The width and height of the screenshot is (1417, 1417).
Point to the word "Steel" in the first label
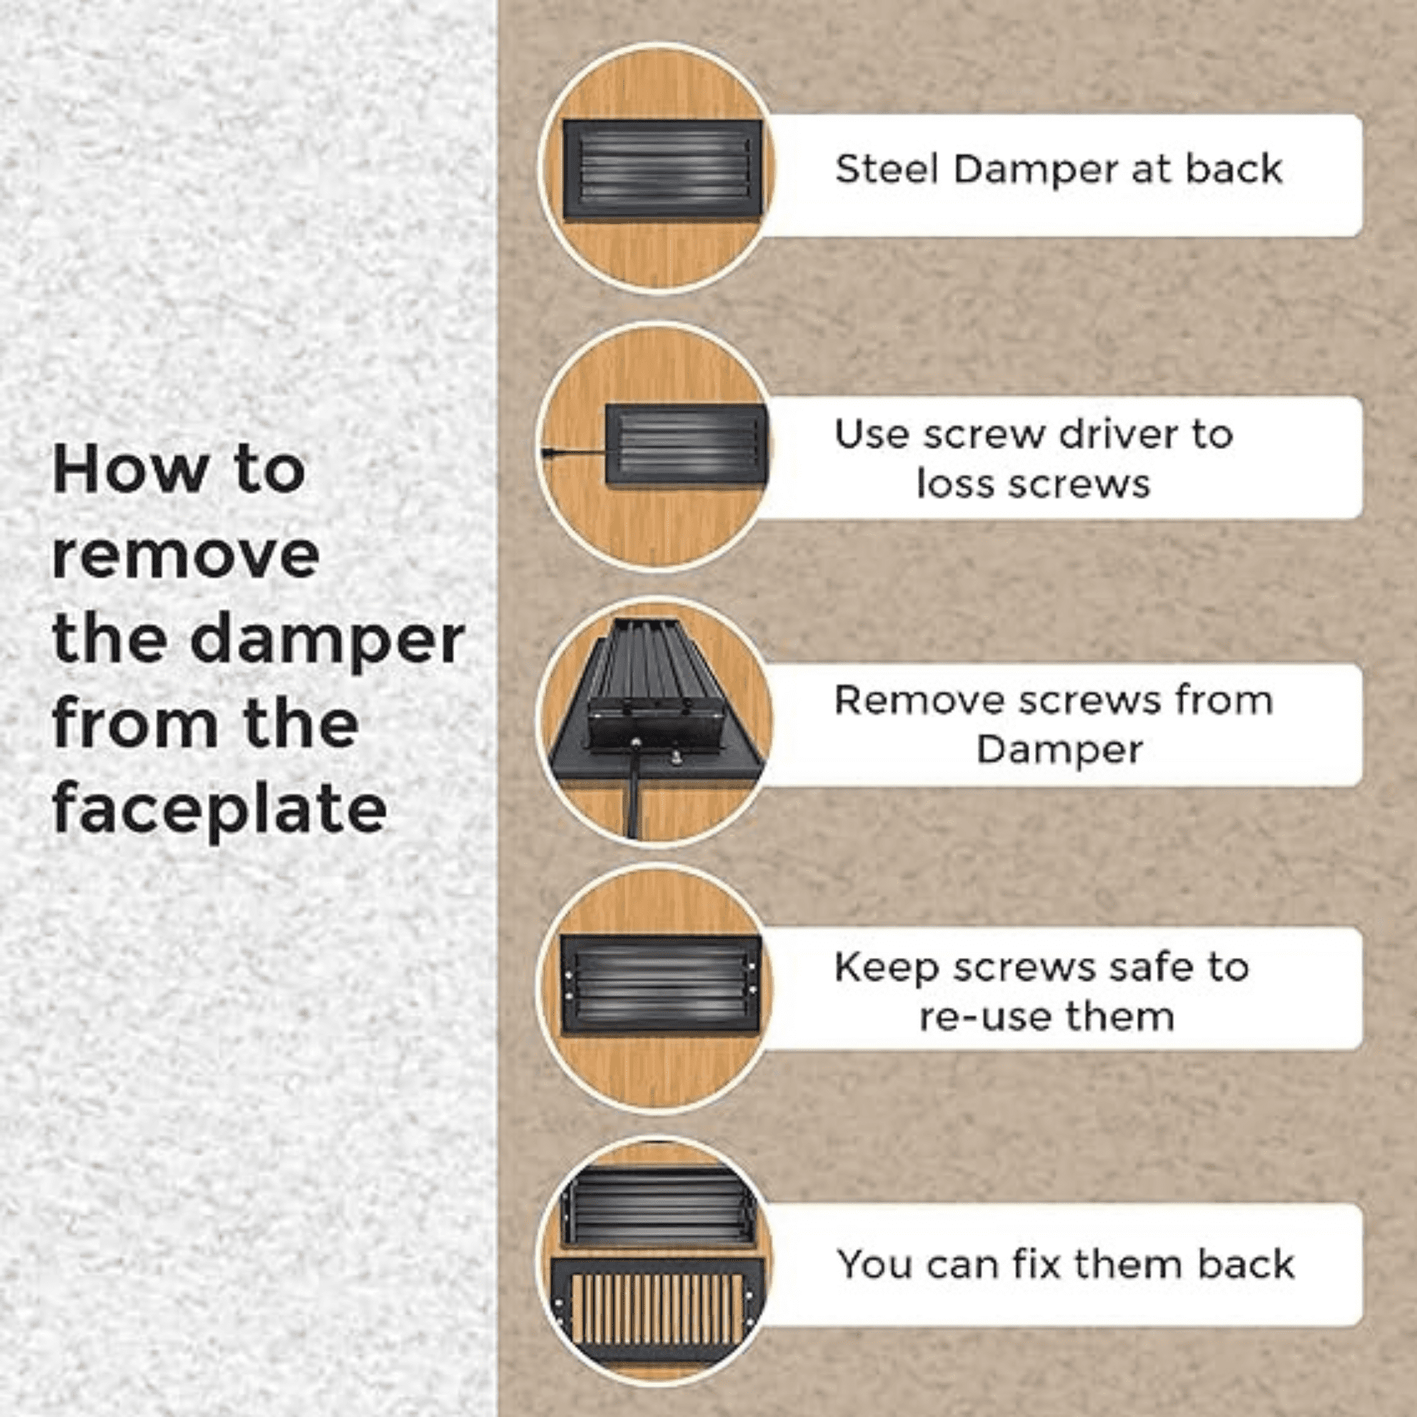(887, 169)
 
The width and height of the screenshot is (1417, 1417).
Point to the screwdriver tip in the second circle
(544, 453)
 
